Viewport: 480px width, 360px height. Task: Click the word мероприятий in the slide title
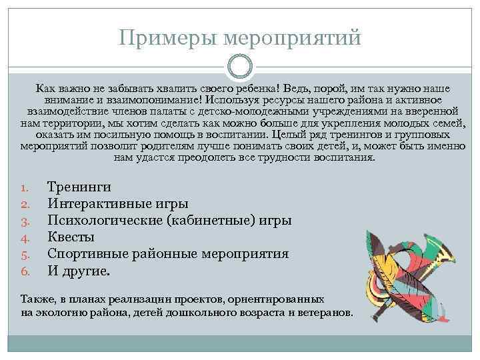(295, 37)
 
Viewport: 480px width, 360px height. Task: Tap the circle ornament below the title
(240, 67)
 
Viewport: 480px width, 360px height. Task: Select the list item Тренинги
(79, 187)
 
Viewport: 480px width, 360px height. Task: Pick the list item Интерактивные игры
(117, 203)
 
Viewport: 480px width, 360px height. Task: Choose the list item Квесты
(71, 237)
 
